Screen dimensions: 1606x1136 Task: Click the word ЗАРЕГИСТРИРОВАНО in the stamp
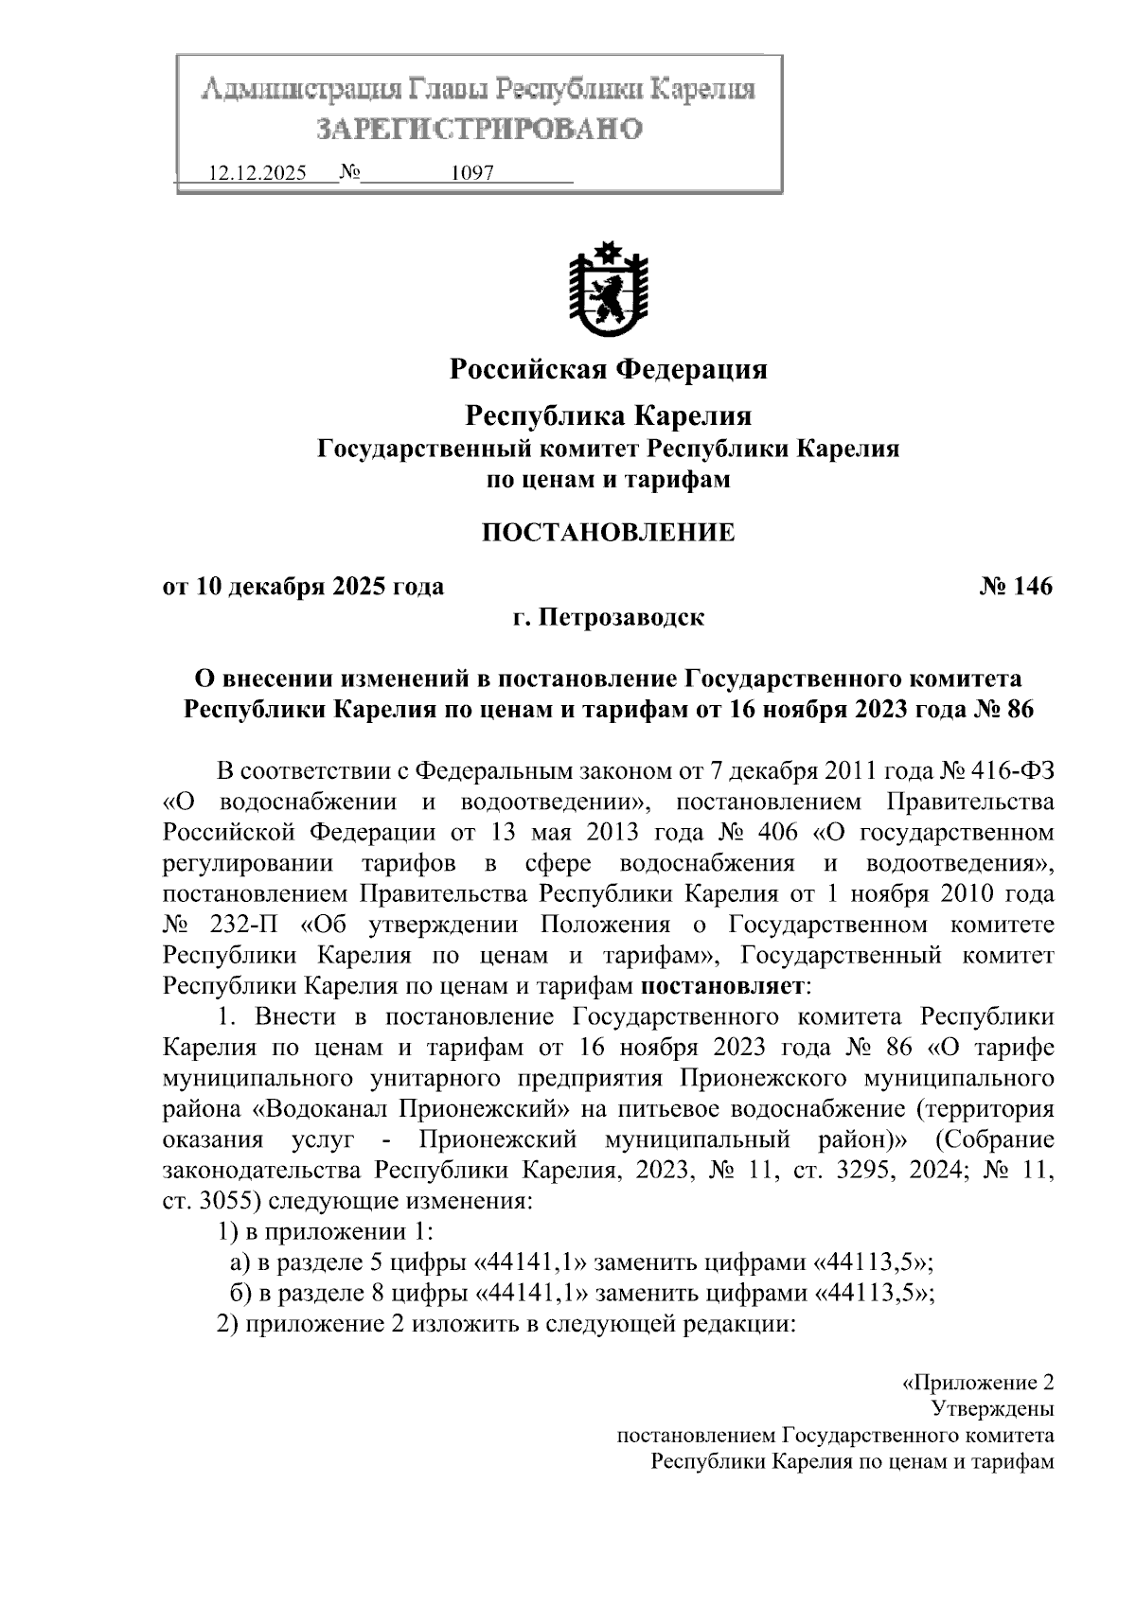(x=478, y=129)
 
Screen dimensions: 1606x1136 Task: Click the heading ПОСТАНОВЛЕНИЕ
(x=608, y=533)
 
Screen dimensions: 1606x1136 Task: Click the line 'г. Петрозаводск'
(x=608, y=618)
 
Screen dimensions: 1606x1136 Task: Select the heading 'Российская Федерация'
(x=608, y=368)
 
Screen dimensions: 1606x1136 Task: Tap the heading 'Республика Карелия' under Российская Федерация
(x=608, y=415)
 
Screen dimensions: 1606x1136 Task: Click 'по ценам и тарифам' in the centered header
(x=608, y=480)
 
